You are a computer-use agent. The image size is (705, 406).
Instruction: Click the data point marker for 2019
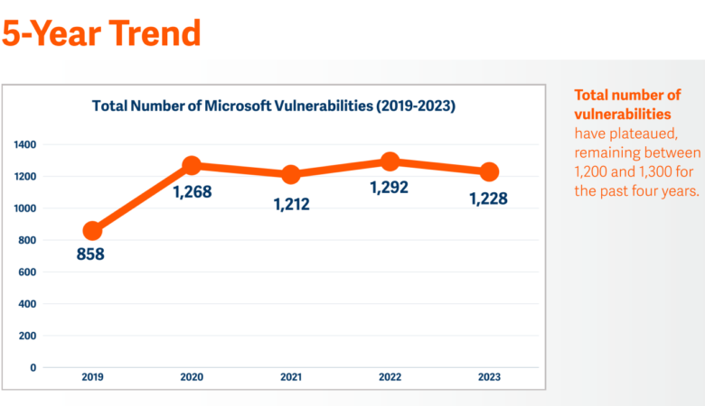tap(92, 231)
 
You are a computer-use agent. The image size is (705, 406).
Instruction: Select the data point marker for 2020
tap(191, 165)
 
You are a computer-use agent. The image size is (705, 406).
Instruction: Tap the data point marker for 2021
tap(290, 174)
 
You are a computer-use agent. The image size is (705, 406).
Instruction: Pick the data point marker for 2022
tap(390, 161)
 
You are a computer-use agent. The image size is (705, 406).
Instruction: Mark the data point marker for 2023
tap(489, 171)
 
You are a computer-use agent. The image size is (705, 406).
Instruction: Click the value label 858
tap(90, 254)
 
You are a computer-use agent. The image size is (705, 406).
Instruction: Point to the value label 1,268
tap(192, 191)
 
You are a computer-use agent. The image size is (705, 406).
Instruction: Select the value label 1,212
tap(291, 204)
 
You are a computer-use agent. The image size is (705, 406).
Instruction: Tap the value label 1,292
tap(390, 188)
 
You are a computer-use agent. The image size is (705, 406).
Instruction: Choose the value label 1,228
tap(489, 198)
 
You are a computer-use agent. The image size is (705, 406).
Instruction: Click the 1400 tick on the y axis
tap(25, 144)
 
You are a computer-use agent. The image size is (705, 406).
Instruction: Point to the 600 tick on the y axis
tap(27, 272)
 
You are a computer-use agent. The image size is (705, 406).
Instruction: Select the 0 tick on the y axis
tap(33, 367)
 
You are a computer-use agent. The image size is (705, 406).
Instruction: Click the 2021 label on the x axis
tap(290, 377)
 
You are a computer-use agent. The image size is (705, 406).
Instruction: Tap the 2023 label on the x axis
tap(489, 377)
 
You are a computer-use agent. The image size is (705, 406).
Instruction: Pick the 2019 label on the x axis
tap(92, 377)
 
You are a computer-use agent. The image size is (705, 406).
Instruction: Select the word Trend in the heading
tap(153, 32)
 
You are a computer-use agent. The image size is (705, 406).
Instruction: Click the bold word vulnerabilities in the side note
tap(623, 114)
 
